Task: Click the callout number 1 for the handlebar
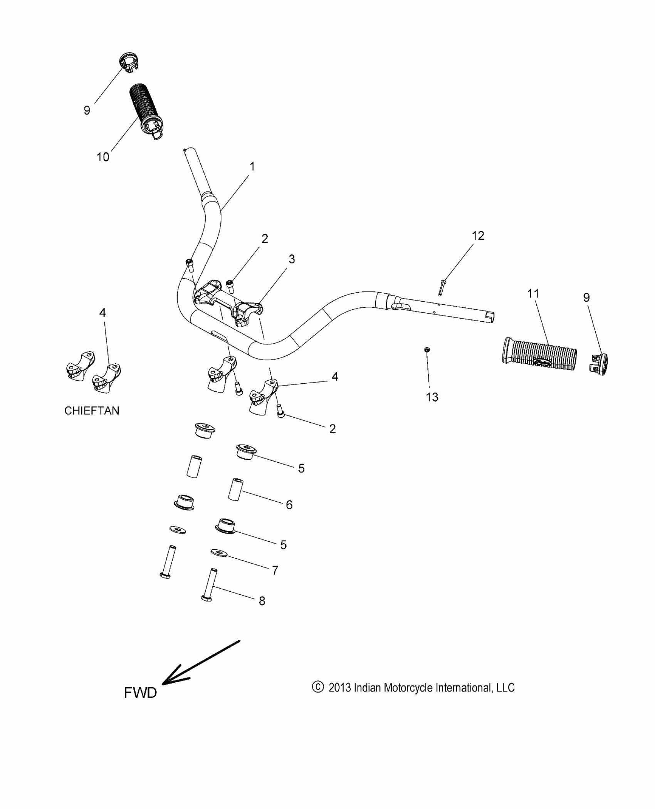(x=252, y=167)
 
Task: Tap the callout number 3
(x=292, y=259)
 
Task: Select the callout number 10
(x=103, y=157)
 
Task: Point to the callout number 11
(x=533, y=294)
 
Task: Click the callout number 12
(x=478, y=236)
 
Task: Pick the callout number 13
(x=432, y=397)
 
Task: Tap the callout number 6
(x=289, y=505)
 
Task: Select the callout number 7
(x=275, y=570)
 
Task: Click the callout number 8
(x=262, y=601)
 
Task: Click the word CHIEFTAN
(x=92, y=411)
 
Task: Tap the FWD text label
(x=140, y=693)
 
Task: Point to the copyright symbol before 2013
(x=317, y=687)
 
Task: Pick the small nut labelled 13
(x=427, y=349)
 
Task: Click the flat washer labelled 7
(x=219, y=553)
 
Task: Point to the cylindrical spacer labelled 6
(x=235, y=490)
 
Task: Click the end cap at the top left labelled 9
(x=128, y=62)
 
